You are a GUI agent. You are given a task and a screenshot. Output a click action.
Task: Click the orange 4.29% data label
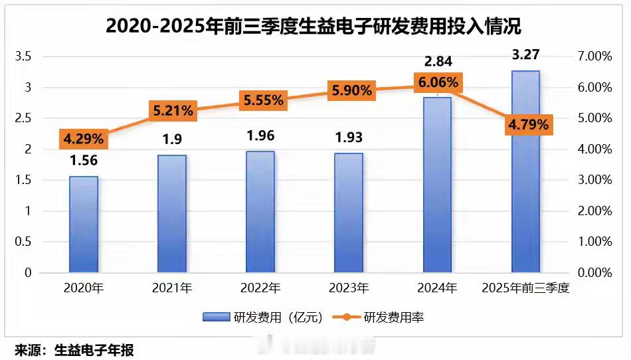click(x=84, y=139)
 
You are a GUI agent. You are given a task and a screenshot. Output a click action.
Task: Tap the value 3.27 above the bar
click(x=525, y=54)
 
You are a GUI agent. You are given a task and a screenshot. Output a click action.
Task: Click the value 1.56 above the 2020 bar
click(x=84, y=161)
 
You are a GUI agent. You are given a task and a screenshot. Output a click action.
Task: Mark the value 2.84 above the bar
click(x=437, y=62)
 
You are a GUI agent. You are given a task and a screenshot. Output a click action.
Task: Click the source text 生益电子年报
click(x=94, y=349)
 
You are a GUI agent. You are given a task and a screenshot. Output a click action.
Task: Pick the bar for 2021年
click(x=172, y=214)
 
